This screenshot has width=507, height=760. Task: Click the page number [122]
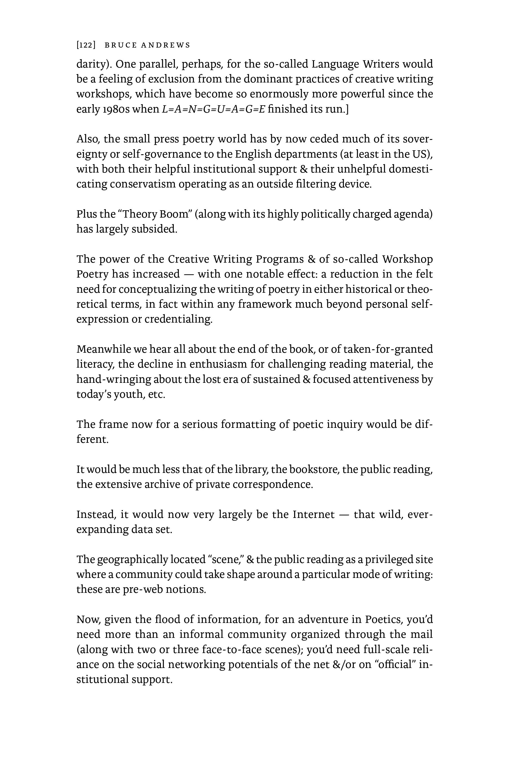point(86,45)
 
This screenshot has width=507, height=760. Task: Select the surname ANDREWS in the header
point(166,45)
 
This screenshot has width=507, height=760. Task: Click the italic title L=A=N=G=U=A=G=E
point(214,109)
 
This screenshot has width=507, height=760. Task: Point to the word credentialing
point(179,319)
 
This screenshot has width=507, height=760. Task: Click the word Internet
point(314,514)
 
